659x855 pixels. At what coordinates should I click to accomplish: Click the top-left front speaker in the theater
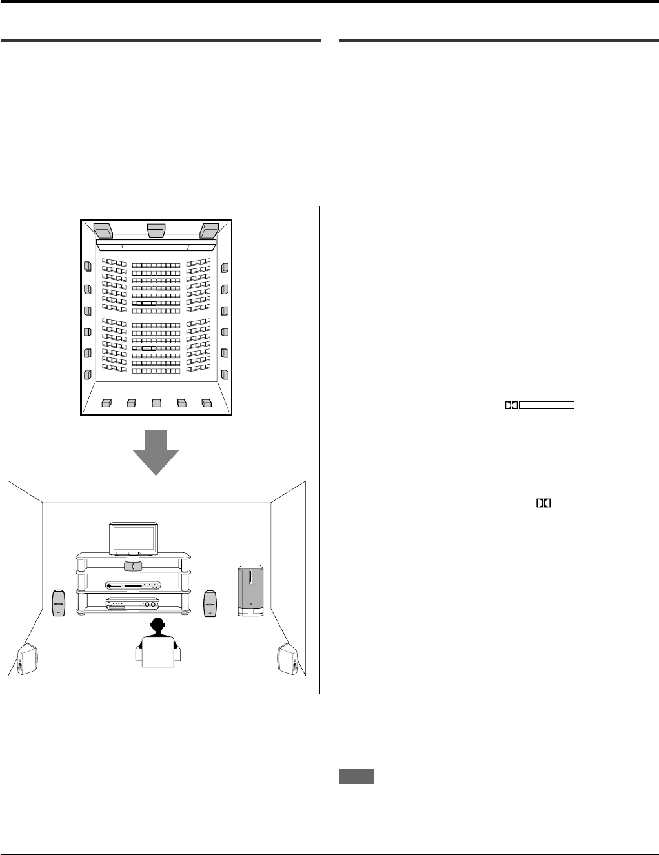pos(103,230)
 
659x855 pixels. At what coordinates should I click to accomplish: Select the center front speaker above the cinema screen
pos(156,230)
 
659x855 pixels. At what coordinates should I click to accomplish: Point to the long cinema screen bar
pos(156,246)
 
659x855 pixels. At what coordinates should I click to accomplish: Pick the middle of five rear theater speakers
pos(156,403)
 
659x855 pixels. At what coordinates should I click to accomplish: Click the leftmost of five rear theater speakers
pos(106,403)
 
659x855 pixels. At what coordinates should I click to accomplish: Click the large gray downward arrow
pos(156,452)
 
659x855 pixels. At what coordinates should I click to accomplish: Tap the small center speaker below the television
pos(132,566)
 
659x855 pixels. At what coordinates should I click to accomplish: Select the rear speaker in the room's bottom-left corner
pos(27,659)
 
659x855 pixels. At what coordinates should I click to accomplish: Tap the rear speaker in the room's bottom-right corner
pos(288,659)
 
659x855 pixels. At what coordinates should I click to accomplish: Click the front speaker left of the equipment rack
pos(59,603)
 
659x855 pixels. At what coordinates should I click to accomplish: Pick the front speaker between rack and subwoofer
pos(210,603)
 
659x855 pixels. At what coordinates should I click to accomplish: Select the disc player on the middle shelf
pos(132,586)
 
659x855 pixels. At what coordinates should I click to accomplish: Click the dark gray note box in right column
pos(356,777)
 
